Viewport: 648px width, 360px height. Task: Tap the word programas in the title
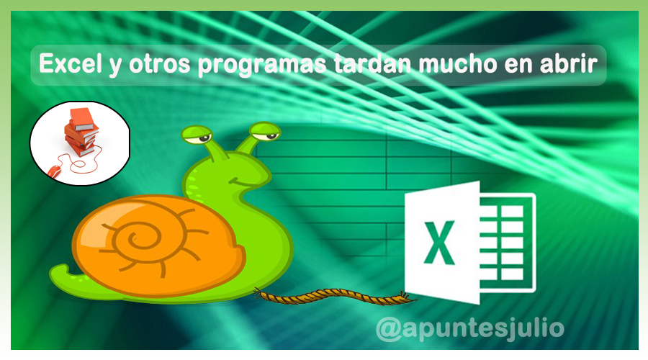coord(262,65)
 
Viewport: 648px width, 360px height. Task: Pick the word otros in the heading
coord(160,65)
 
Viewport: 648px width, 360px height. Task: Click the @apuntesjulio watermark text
coord(470,329)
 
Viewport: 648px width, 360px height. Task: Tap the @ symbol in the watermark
coord(389,330)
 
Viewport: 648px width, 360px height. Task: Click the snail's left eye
coord(197,135)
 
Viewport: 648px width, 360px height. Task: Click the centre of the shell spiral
coord(133,238)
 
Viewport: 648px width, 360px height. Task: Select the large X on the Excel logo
coord(439,243)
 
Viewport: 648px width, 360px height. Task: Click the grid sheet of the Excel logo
coord(507,243)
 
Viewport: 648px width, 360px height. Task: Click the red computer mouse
coord(54,170)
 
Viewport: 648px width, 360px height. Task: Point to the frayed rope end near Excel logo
coord(405,298)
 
